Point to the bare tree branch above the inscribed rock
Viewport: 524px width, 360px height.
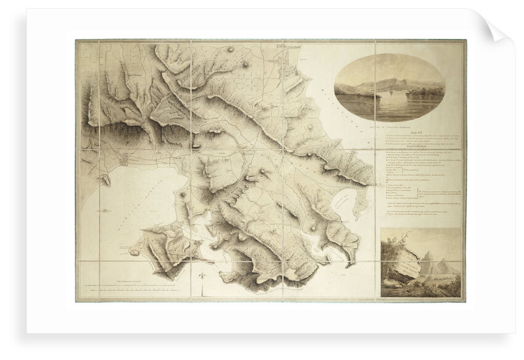pos(395,240)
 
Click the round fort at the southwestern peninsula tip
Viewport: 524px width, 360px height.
pos(135,251)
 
